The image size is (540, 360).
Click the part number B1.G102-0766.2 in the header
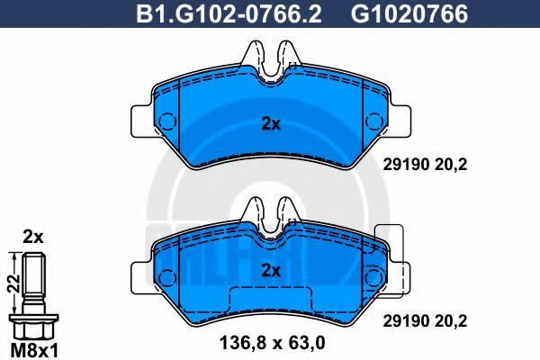[x=229, y=14]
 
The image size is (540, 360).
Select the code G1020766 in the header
[x=409, y=14]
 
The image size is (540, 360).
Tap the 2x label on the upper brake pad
[x=271, y=124]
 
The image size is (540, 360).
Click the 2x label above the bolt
[x=33, y=237]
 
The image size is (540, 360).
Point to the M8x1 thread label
[x=34, y=351]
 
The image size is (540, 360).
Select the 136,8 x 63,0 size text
[x=272, y=343]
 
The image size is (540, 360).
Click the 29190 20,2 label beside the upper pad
[x=425, y=165]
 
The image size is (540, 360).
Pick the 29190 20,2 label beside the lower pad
[x=425, y=321]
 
